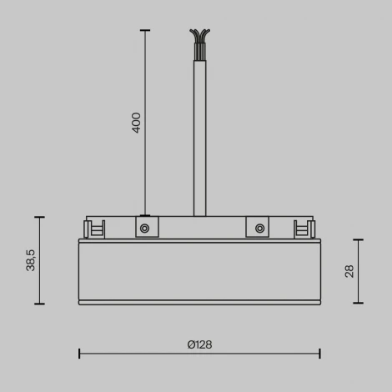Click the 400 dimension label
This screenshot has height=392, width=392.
click(x=136, y=123)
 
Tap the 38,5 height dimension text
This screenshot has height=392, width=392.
click(x=30, y=260)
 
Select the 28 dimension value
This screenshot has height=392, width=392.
click(x=349, y=270)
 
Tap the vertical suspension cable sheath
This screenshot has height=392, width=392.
click(x=199, y=133)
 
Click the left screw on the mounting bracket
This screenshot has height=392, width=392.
click(x=144, y=228)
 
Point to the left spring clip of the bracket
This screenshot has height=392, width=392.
click(x=94, y=229)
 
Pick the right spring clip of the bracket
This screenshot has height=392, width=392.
click(x=304, y=229)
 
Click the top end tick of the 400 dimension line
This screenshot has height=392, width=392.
click(x=145, y=31)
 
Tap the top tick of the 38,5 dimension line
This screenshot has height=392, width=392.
click(x=38, y=217)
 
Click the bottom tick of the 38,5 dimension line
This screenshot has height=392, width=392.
click(x=38, y=304)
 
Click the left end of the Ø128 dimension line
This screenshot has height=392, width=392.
click(x=79, y=354)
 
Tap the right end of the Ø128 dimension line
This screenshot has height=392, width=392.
click(x=320, y=354)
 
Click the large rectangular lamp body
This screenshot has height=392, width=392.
click(x=199, y=271)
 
